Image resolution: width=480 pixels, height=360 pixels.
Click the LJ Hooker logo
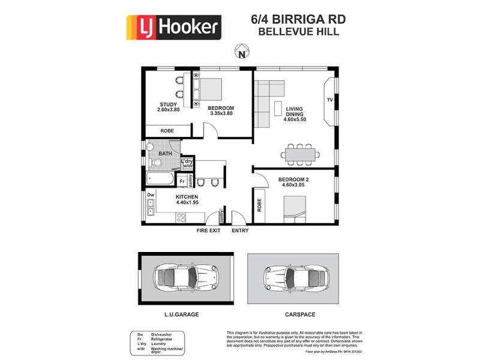point(173,28)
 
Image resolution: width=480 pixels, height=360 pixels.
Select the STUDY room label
point(169,104)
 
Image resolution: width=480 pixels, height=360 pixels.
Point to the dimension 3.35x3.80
point(220,113)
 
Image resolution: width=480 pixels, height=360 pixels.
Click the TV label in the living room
point(329,100)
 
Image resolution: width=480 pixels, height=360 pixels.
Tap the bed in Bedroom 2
point(293,211)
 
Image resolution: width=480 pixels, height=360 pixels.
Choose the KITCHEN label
point(187,197)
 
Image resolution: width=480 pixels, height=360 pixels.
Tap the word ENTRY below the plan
point(240,230)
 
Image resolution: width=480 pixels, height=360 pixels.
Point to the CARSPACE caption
point(299,314)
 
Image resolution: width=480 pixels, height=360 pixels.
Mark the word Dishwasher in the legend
point(163,334)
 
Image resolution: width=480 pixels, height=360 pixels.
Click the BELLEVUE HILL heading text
point(298,32)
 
